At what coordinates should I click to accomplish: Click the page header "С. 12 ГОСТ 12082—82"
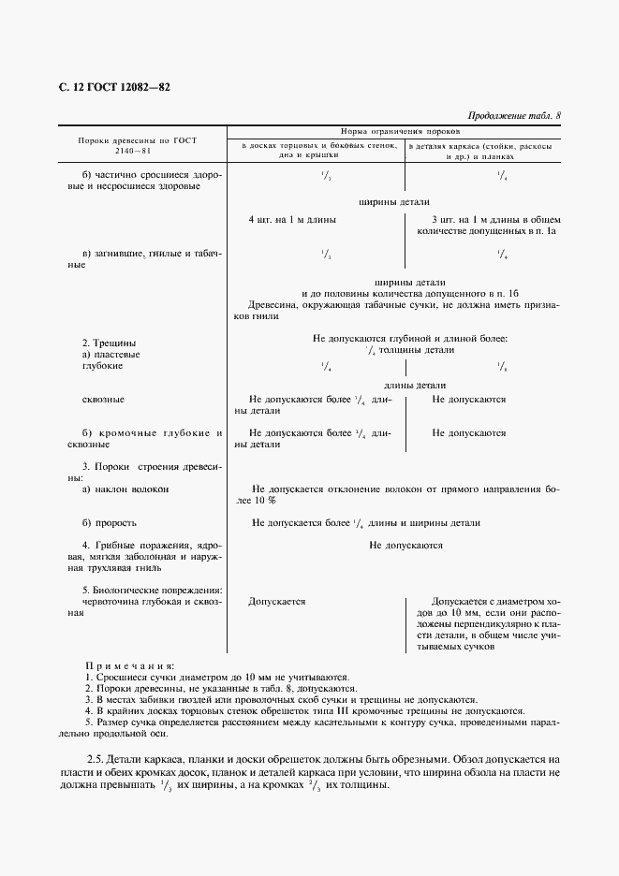click(114, 88)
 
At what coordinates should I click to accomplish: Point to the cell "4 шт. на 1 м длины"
click(292, 219)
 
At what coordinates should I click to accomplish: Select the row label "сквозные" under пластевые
click(103, 400)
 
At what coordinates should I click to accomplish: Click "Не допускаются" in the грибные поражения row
click(405, 545)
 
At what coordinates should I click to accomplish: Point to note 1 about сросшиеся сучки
click(217, 676)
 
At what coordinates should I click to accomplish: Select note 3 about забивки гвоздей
click(281, 699)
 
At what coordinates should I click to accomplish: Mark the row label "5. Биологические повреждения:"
click(152, 590)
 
